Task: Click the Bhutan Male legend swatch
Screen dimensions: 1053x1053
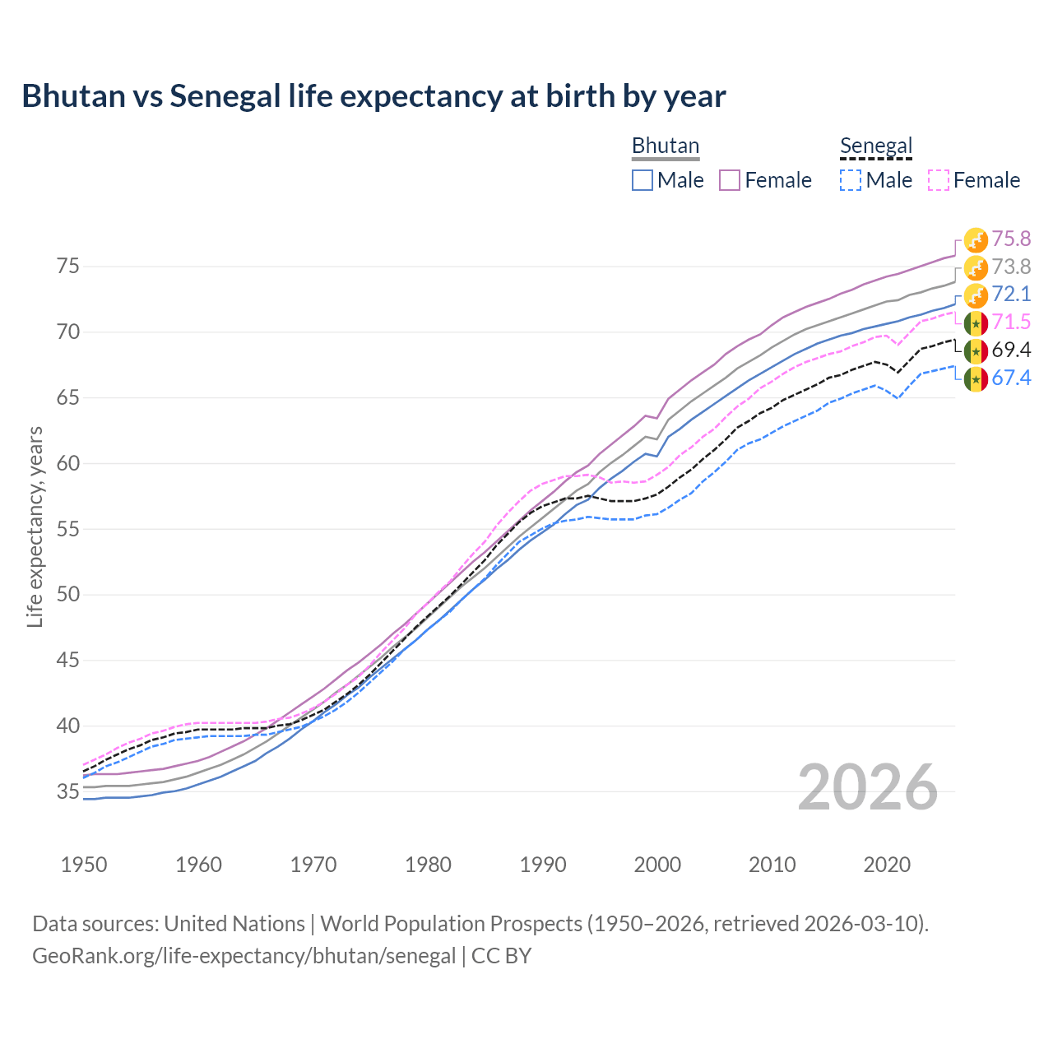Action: [642, 180]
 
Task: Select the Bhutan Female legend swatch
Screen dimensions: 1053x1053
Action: [730, 180]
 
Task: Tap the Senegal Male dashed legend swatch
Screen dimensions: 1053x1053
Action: [851, 180]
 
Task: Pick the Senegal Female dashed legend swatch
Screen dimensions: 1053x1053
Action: [939, 180]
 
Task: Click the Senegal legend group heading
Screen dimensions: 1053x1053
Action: [876, 146]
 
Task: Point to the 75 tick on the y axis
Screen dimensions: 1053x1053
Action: [67, 267]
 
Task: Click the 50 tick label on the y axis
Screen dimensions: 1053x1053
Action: [67, 594]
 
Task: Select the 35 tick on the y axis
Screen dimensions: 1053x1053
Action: [67, 791]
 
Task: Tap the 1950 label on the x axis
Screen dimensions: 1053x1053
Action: [84, 865]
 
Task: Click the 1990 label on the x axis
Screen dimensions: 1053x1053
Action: [543, 865]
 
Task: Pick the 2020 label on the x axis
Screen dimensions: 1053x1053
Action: [887, 865]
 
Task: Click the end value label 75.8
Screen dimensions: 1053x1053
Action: [1011, 239]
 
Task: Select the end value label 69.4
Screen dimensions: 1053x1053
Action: [1011, 350]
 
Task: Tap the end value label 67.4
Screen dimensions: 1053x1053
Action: [1011, 378]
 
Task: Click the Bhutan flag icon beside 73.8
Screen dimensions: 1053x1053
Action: [976, 267]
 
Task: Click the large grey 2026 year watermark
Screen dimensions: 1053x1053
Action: [868, 788]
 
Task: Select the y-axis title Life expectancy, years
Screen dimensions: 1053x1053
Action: [35, 526]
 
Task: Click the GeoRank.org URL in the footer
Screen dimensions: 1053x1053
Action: [244, 956]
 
